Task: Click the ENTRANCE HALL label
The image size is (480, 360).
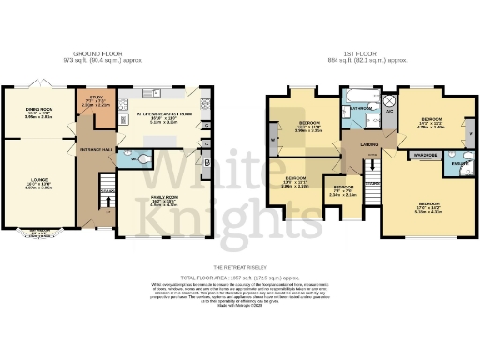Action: pos(96,148)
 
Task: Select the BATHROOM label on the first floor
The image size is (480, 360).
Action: pos(364,109)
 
